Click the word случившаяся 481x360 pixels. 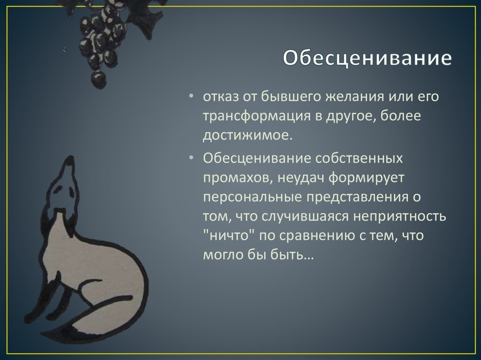(306, 217)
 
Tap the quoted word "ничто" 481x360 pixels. (228, 236)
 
